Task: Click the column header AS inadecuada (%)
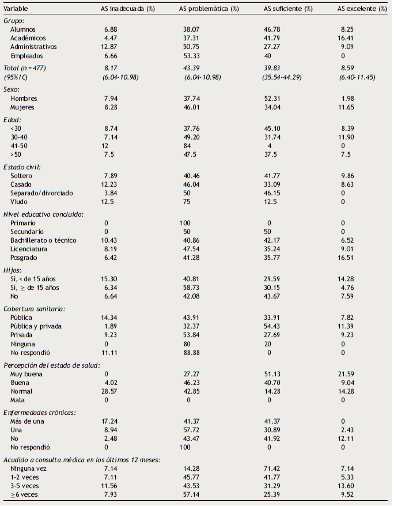tap(126, 10)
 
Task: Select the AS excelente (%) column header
tap(360, 10)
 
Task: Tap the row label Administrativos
tap(33, 47)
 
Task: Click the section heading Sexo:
tap(13, 89)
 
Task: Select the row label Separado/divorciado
tap(42, 192)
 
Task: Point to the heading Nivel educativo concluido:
tap(44, 214)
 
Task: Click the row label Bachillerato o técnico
tap(44, 240)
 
